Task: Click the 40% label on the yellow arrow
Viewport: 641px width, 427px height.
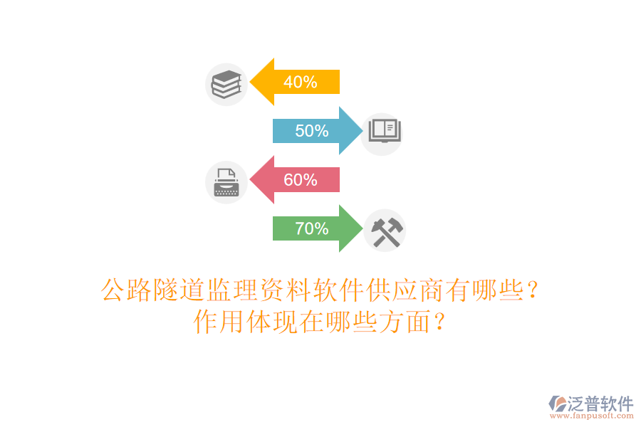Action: (300, 82)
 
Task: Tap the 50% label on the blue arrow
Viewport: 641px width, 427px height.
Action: (311, 131)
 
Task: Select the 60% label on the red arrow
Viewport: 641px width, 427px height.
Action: (300, 180)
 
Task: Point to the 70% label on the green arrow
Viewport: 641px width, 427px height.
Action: (311, 229)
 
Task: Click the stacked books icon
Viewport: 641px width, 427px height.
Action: (226, 85)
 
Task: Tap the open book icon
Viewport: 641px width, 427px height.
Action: (384, 131)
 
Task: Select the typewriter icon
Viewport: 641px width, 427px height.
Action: (226, 182)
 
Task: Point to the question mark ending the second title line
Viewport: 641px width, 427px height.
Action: (440, 322)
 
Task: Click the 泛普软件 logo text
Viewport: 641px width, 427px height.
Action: (600, 404)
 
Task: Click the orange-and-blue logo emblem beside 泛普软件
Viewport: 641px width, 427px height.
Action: (557, 405)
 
